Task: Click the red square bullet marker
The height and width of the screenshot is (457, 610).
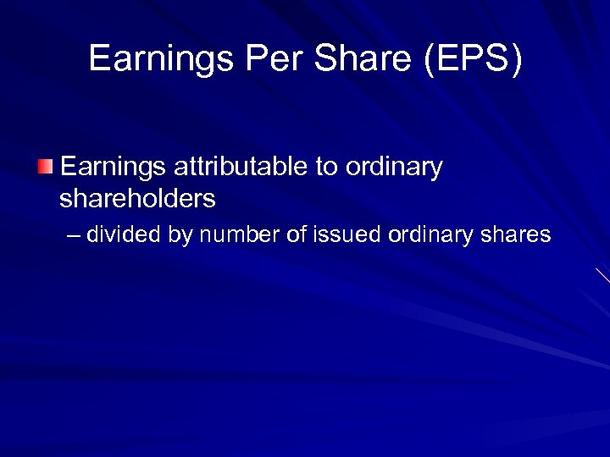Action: pyautogui.click(x=46, y=166)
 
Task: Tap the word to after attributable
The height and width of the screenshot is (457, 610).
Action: pyautogui.click(x=327, y=167)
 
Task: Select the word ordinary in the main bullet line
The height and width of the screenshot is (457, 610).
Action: pyautogui.click(x=394, y=168)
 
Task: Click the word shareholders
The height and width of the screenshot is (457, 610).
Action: pyautogui.click(x=137, y=199)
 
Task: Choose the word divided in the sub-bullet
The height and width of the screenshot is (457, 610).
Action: pyautogui.click(x=124, y=234)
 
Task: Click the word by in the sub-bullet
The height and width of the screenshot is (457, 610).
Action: pyautogui.click(x=180, y=234)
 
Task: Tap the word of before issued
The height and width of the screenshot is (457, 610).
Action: pyautogui.click(x=296, y=234)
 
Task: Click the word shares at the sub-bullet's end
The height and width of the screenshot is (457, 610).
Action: pyautogui.click(x=518, y=234)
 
